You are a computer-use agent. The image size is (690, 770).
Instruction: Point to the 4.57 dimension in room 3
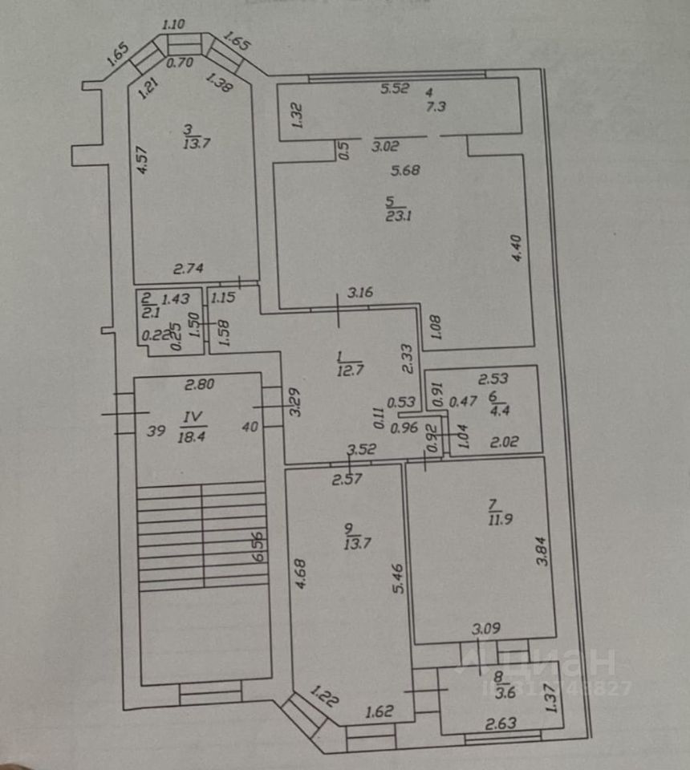142,163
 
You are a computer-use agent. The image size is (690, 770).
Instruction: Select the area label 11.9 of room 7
493,519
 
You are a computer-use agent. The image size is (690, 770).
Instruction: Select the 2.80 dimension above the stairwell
199,385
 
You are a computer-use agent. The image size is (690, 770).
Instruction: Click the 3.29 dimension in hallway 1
295,402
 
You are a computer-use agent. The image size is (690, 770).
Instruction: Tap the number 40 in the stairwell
250,428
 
